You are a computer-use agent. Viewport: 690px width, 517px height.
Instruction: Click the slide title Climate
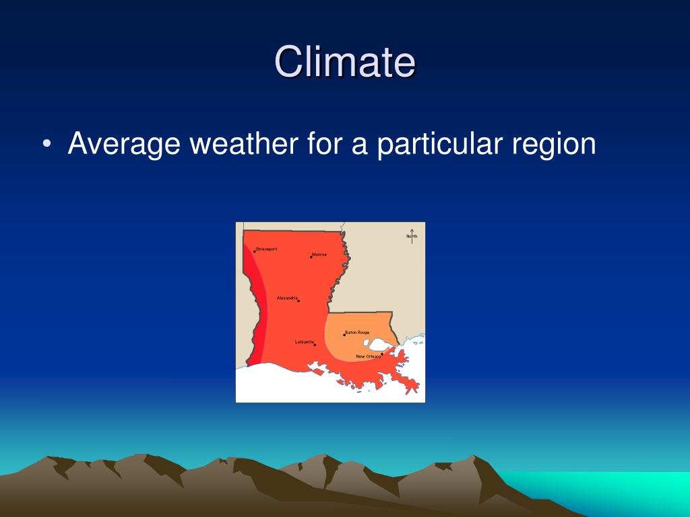coord(344,62)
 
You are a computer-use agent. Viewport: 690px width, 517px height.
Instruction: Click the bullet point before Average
coord(46,145)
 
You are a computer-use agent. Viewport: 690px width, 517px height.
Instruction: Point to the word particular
coord(440,144)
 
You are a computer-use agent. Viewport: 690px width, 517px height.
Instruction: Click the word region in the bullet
coord(554,145)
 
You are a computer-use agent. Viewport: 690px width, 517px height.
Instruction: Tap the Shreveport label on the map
coord(267,249)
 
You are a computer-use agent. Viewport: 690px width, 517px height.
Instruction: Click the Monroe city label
coord(320,254)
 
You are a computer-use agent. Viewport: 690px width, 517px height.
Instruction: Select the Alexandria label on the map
coord(287,298)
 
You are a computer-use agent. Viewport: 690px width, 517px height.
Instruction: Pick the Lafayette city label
coord(305,342)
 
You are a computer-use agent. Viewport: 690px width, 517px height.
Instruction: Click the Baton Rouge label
coord(358,332)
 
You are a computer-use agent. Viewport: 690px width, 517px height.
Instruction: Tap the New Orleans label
coord(368,356)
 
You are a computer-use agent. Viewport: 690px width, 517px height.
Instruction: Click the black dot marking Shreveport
coord(254,251)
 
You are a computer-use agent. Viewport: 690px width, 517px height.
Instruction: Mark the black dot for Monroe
coord(311,256)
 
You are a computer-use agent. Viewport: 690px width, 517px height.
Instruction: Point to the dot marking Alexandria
coord(299,301)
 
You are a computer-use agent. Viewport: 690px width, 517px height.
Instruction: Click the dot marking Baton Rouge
coord(344,335)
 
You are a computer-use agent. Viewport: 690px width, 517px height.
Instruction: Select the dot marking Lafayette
coord(315,345)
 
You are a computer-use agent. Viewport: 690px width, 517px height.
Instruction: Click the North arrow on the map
coord(412,236)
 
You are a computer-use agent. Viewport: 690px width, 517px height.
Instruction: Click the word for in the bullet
coord(323,144)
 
